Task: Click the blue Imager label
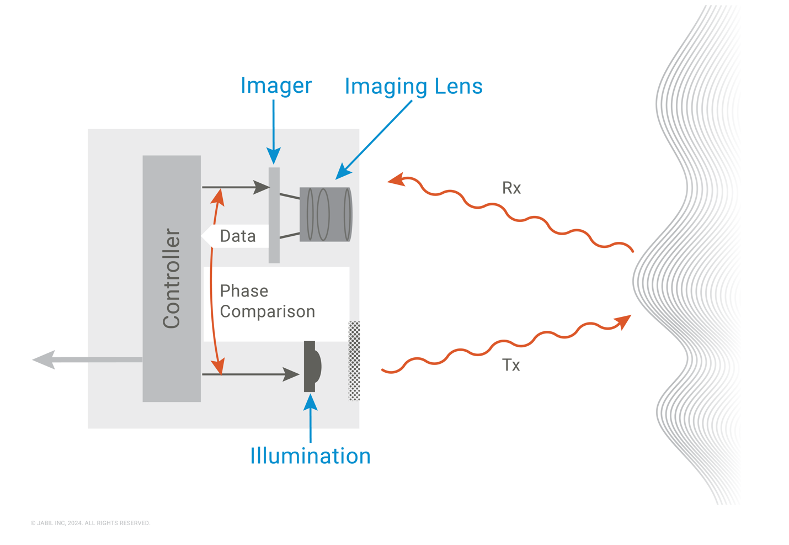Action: [276, 86]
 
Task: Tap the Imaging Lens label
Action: [413, 86]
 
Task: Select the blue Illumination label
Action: [310, 456]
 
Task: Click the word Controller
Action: [172, 278]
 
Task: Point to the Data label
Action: [237, 236]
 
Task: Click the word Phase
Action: [244, 291]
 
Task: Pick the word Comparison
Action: [268, 311]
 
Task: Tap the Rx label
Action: [511, 188]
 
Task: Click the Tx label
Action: [511, 366]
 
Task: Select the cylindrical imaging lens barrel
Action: [326, 214]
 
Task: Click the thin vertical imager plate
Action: [274, 215]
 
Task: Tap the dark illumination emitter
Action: [312, 366]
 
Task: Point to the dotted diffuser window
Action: [354, 361]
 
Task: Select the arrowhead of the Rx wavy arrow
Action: [396, 179]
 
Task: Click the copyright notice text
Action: [90, 523]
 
